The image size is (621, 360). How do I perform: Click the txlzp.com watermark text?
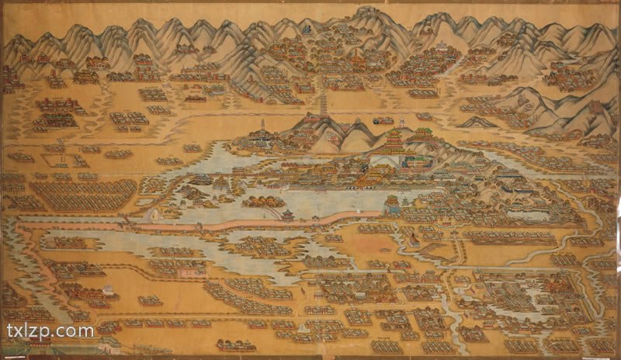(x=50, y=331)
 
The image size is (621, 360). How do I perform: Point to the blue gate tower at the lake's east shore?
(x=392, y=204)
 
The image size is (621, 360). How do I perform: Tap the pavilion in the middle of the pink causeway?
(x=287, y=213)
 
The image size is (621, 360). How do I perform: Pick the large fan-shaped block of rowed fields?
(x=82, y=195)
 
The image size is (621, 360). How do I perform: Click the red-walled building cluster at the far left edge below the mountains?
(x=9, y=78)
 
